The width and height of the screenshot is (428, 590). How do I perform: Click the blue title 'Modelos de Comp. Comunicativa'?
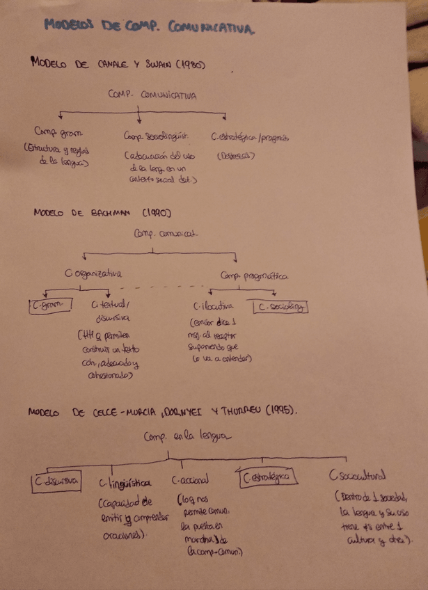148,27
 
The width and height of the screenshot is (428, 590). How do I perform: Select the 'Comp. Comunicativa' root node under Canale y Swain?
151,95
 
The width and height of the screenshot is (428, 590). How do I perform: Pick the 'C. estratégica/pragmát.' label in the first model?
248,137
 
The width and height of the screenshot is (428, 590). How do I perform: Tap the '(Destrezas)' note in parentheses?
235,156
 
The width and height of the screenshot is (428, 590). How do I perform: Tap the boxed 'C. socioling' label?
280,306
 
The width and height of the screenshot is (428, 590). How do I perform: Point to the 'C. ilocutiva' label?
213,305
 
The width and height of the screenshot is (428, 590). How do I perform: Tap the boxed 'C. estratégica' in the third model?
267,478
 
